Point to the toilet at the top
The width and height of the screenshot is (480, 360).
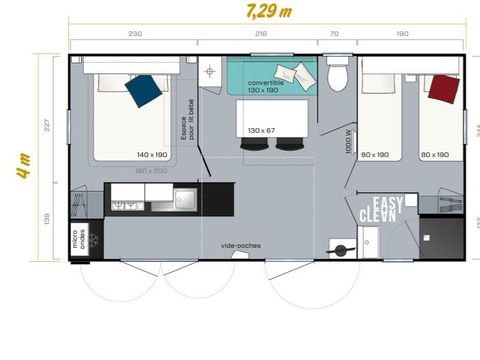[338, 75]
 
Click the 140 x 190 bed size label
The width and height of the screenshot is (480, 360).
[153, 154]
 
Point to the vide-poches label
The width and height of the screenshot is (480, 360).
[237, 244]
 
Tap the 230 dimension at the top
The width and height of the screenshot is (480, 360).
[132, 34]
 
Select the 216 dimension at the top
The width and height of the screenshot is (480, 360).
[260, 34]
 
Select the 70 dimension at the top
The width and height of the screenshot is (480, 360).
[333, 34]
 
